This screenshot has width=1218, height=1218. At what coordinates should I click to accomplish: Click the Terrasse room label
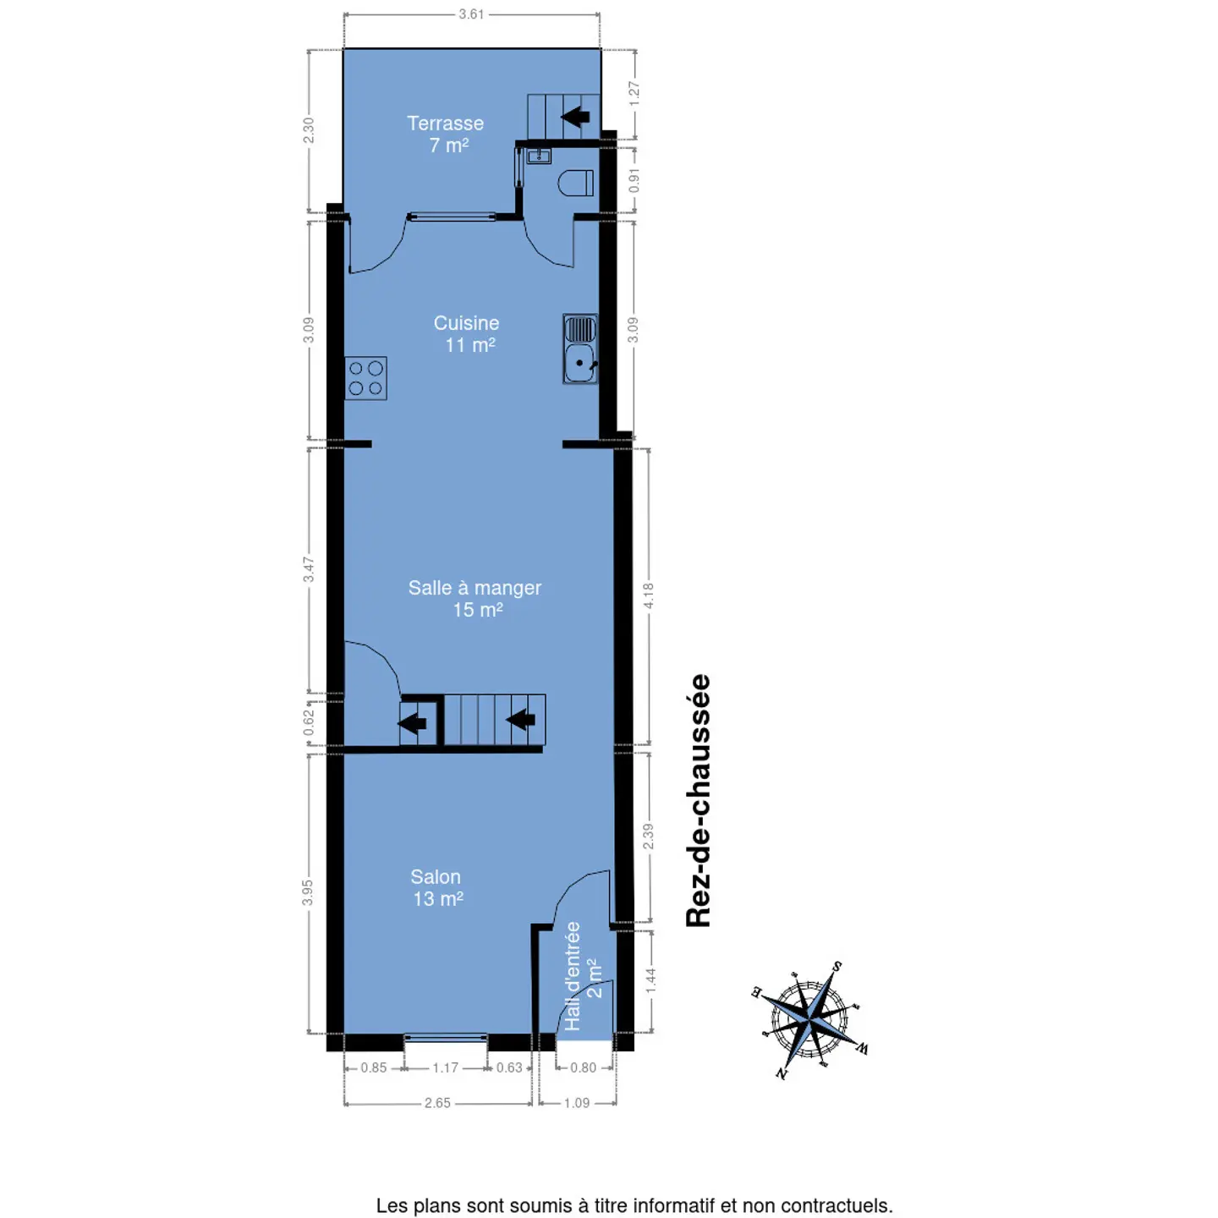coord(445,134)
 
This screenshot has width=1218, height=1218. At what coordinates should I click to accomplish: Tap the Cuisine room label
coord(466,334)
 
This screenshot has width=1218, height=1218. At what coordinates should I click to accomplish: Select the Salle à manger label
coord(475,598)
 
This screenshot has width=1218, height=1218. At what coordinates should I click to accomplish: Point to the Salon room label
coord(436,887)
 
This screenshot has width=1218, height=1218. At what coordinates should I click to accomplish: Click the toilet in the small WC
coord(576,183)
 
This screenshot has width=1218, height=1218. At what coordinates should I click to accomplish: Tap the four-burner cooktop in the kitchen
coord(366,378)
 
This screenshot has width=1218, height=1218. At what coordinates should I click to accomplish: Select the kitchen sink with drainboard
coord(579,348)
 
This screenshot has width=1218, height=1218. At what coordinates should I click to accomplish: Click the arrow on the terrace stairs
coord(576,117)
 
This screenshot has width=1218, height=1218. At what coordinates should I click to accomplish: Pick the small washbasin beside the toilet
coord(539,156)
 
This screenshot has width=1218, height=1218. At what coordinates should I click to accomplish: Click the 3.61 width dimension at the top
coord(471,14)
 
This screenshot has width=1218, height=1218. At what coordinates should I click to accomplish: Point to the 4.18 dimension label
coord(649,596)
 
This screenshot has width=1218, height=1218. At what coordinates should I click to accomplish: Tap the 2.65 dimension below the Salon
coord(437,1103)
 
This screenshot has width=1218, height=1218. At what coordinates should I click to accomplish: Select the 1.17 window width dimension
coord(445,1067)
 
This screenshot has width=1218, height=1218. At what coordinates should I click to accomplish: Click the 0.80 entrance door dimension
coord(583,1067)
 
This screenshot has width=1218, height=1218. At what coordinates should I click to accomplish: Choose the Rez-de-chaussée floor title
coord(699,801)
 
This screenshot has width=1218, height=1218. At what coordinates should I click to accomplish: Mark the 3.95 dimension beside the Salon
coord(307,892)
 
